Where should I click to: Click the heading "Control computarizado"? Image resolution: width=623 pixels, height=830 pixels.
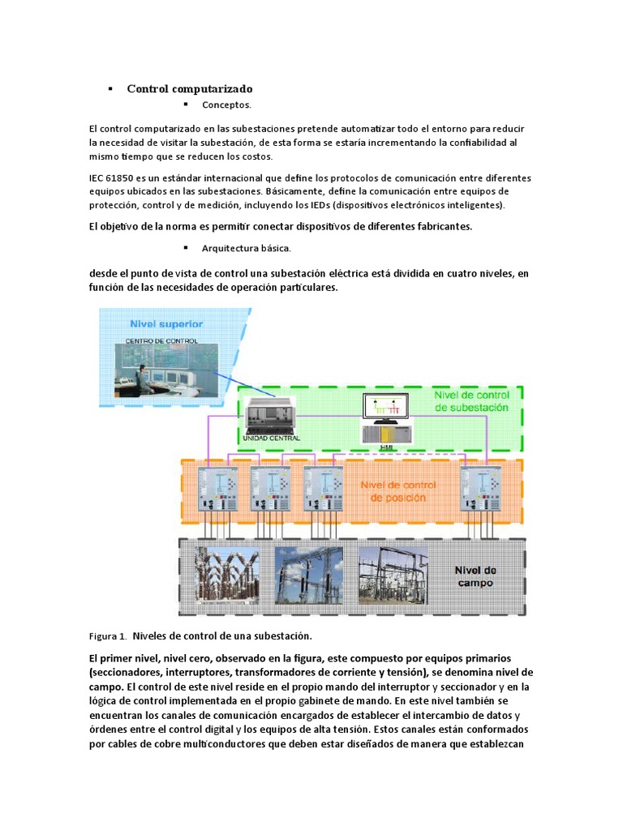point(190,88)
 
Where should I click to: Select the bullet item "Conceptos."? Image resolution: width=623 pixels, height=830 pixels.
point(226,105)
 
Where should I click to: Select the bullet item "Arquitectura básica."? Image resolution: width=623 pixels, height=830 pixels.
point(247,248)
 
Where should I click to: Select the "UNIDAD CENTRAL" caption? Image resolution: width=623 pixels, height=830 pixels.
point(271,439)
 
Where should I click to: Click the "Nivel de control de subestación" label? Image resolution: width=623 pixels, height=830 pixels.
point(471,401)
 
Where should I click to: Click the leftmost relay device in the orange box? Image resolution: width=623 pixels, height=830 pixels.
point(217,490)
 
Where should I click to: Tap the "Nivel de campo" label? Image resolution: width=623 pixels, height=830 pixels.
point(475,576)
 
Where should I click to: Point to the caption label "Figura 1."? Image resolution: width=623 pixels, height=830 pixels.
point(107,636)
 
